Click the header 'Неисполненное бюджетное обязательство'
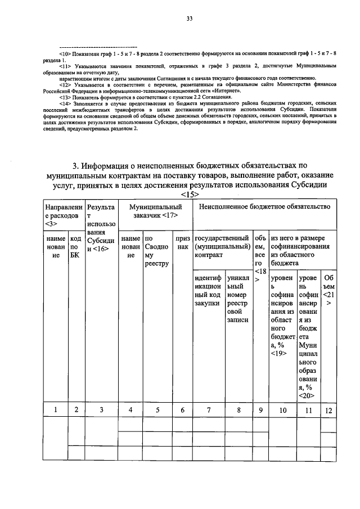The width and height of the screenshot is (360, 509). (264, 208)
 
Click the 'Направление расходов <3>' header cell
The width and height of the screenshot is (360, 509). (64, 217)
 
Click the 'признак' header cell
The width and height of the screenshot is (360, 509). (182, 242)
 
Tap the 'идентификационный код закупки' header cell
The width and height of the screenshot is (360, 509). (207, 290)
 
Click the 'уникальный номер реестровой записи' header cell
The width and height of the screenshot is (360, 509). (238, 299)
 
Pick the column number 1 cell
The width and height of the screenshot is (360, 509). (56, 410)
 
